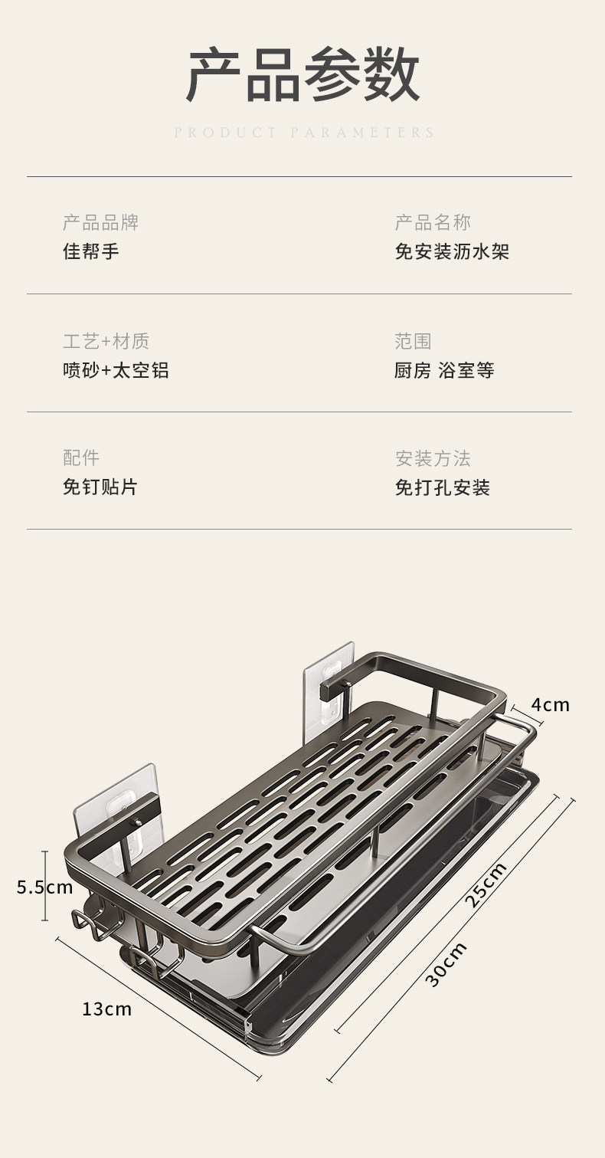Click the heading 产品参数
(302, 75)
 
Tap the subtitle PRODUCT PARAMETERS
(304, 133)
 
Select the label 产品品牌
(100, 223)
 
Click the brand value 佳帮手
(91, 251)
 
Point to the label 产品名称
(433, 223)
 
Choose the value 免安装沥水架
(452, 251)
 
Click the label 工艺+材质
(106, 341)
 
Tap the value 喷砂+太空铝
(116, 370)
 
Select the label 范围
(414, 341)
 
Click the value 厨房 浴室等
(444, 370)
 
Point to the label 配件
(81, 458)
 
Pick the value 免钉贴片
(100, 487)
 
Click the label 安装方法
(433, 458)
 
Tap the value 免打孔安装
(443, 487)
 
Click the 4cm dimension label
(550, 704)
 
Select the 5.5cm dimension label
(44, 887)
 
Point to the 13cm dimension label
(106, 1009)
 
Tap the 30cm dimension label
(446, 965)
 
